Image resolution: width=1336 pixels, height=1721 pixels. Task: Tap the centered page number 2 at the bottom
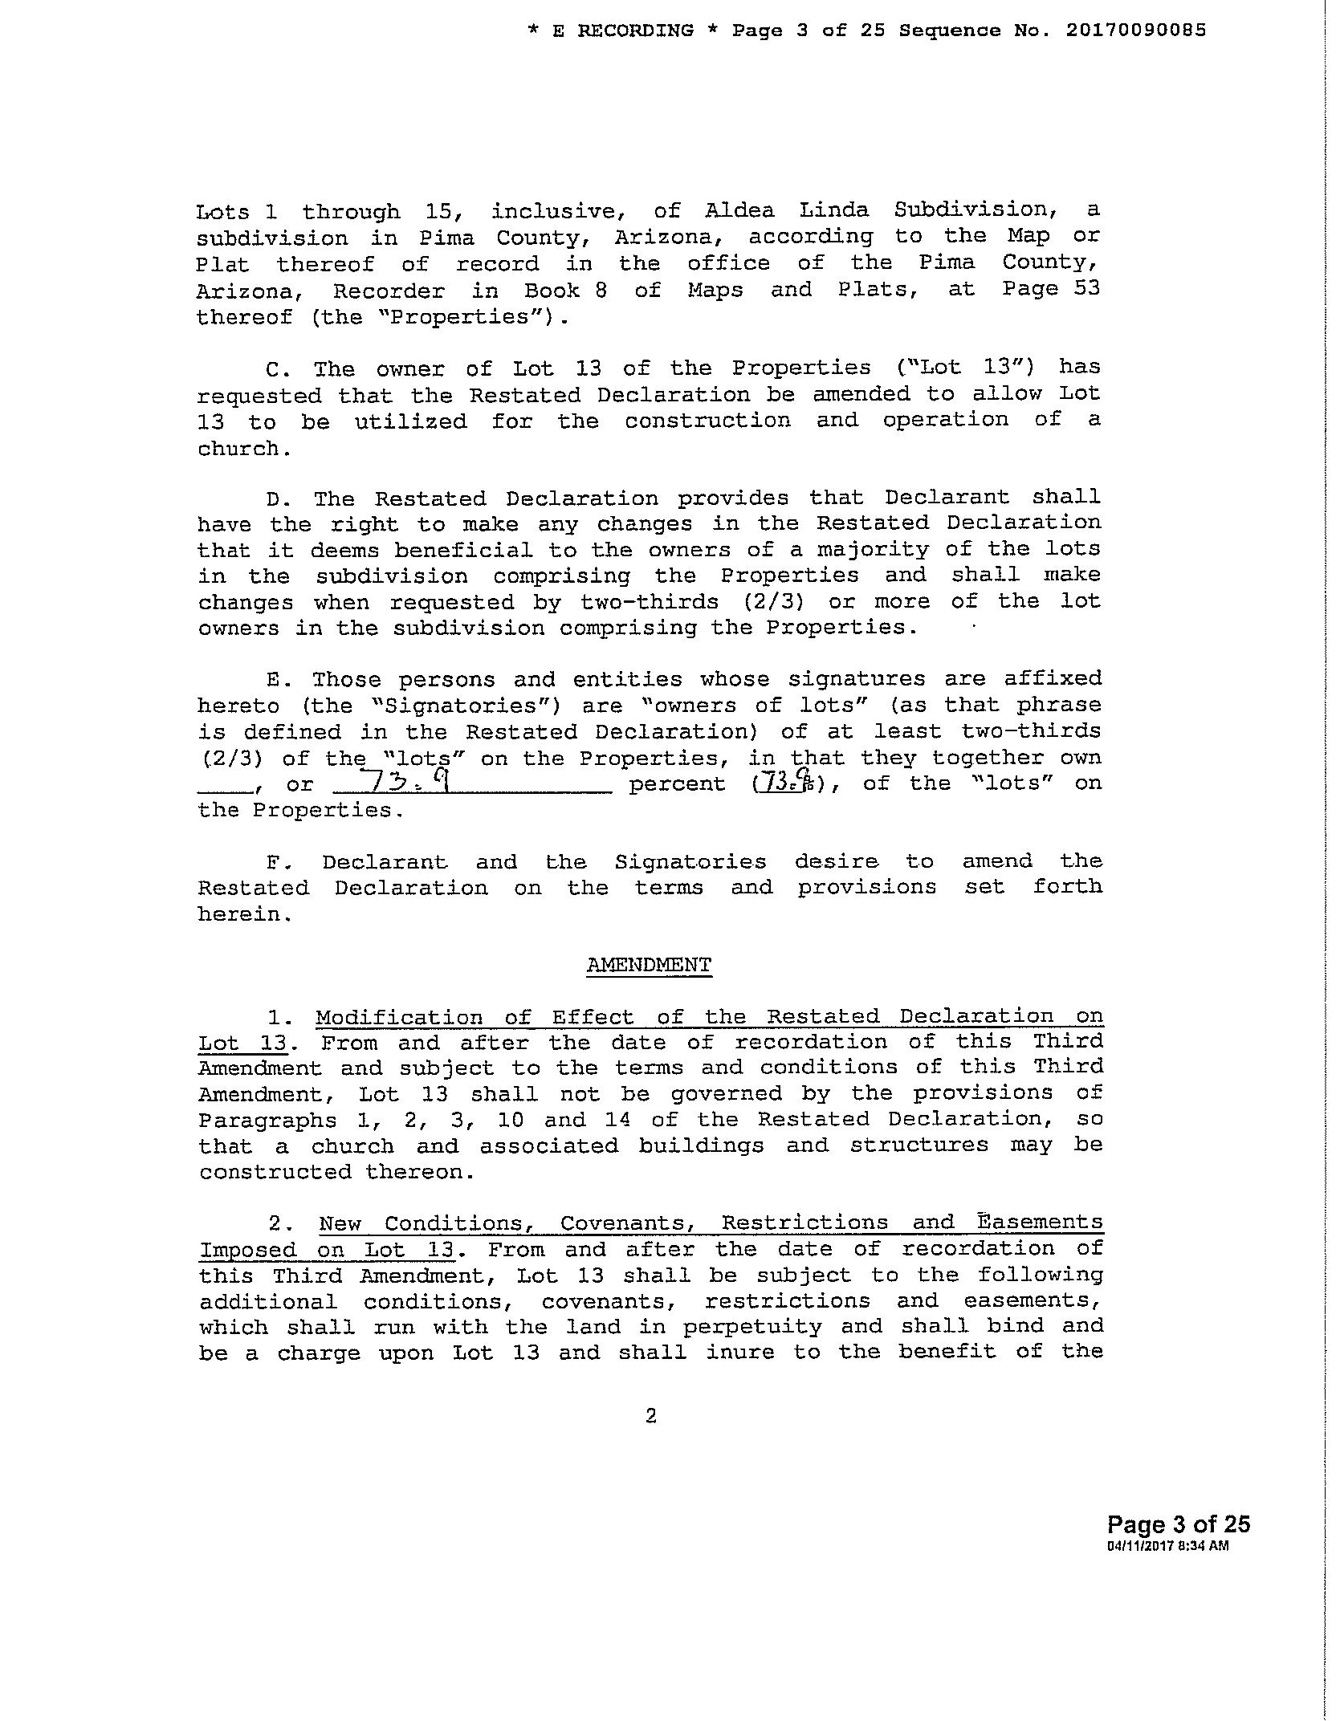click(x=650, y=1417)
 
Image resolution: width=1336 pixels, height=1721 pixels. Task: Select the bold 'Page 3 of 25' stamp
click(x=1178, y=1524)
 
